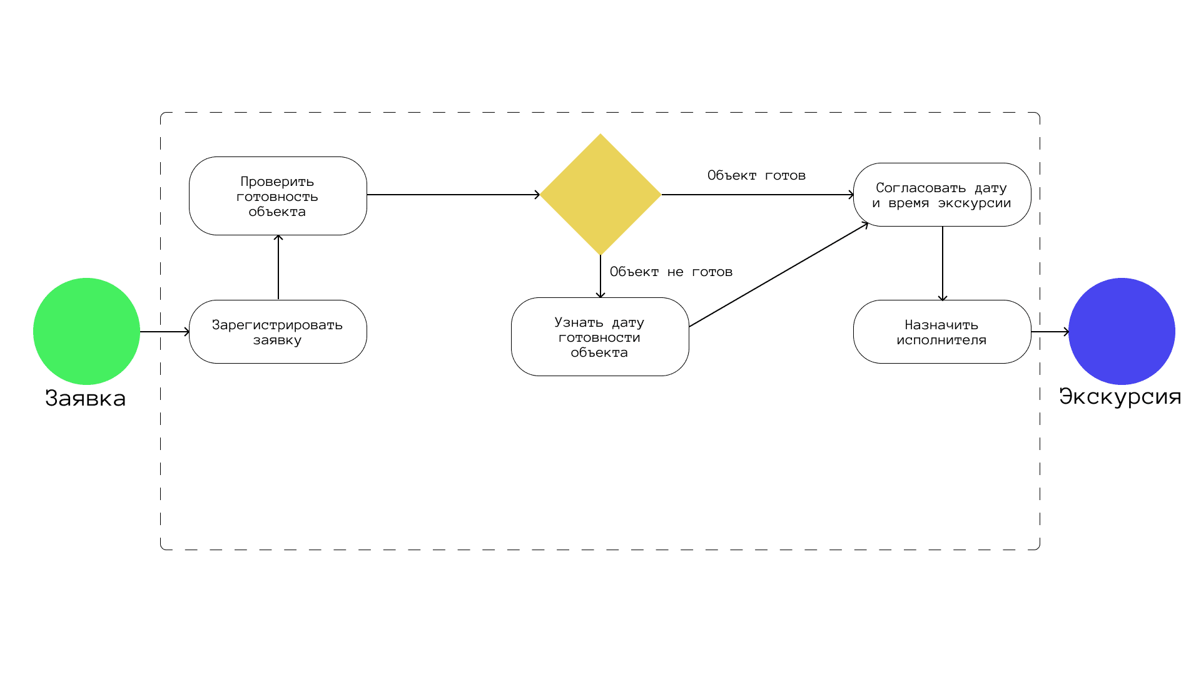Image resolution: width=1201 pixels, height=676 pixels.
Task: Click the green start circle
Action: click(x=86, y=331)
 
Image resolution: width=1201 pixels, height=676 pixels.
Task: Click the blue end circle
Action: click(x=1122, y=331)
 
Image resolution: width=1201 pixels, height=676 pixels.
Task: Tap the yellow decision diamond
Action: click(x=600, y=195)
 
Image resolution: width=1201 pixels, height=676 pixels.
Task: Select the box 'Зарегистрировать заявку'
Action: click(x=278, y=332)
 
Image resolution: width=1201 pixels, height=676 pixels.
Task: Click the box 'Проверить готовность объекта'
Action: click(x=278, y=196)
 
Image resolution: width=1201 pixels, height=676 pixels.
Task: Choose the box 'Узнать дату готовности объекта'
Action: click(x=600, y=337)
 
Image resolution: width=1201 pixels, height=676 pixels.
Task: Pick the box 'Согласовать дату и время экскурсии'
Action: click(x=942, y=195)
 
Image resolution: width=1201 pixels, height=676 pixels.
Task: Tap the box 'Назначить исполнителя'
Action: click(x=942, y=332)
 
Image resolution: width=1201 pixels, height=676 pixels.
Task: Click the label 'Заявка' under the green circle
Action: click(x=86, y=399)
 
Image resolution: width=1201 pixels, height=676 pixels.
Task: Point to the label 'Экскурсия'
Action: click(x=1120, y=397)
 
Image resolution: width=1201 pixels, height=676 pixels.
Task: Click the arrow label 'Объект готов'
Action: click(x=756, y=176)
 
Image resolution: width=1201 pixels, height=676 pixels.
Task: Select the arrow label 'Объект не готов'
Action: click(x=671, y=272)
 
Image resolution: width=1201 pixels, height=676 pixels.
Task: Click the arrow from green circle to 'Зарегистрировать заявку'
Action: click(x=165, y=332)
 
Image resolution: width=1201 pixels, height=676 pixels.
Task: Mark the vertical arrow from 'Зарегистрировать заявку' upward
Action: click(x=278, y=267)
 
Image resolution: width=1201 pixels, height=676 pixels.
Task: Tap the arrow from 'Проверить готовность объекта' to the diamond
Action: click(x=454, y=195)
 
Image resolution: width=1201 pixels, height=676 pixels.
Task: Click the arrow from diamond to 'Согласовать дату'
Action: click(x=758, y=195)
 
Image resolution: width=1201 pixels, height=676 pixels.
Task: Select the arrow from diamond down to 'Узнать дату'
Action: click(x=600, y=276)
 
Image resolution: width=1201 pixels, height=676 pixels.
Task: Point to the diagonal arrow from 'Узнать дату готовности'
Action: click(x=779, y=275)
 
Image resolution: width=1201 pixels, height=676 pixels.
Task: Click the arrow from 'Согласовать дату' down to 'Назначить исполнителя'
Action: click(x=943, y=264)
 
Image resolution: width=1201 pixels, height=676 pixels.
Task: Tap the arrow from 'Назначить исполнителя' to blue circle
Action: click(x=1050, y=332)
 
